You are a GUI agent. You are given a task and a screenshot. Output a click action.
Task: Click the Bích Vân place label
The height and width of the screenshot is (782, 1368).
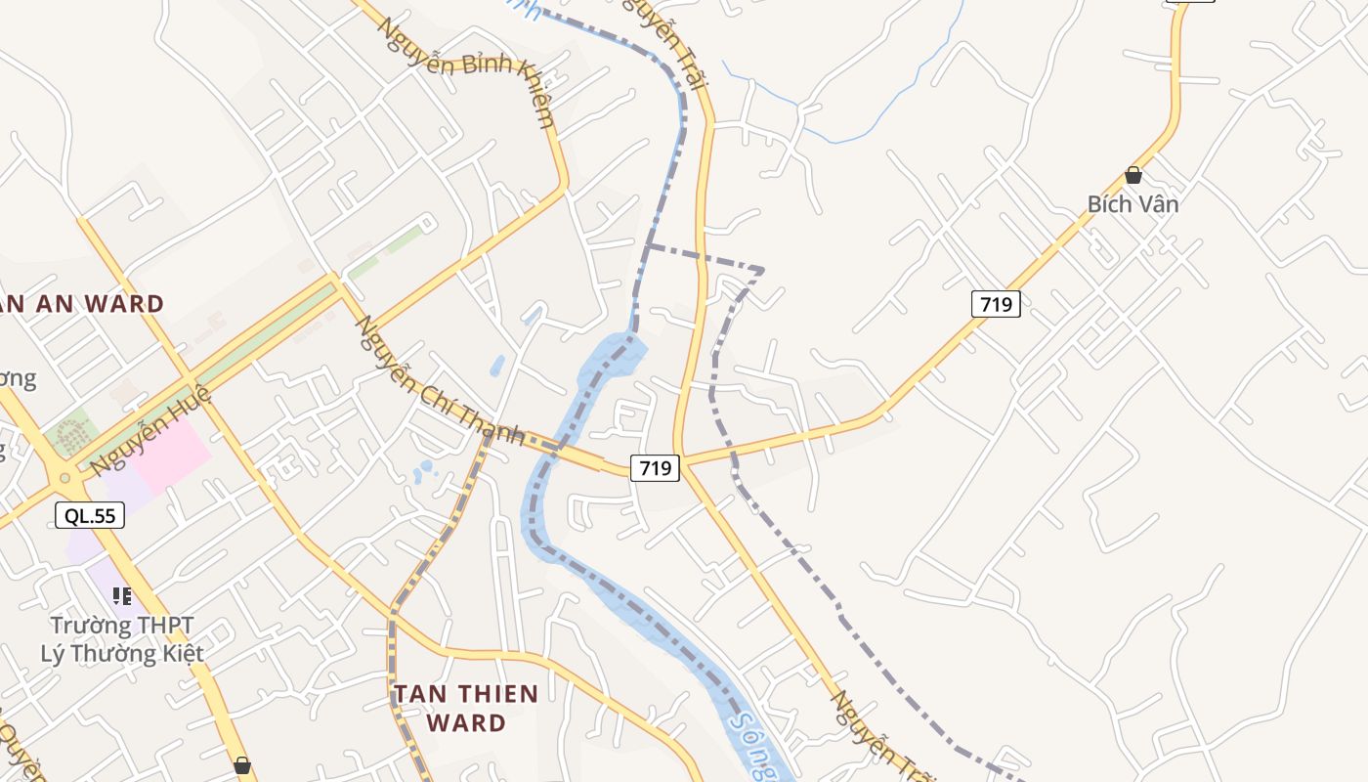[x=1133, y=204]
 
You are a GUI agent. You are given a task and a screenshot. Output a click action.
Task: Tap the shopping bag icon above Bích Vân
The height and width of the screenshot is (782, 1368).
[x=1133, y=175]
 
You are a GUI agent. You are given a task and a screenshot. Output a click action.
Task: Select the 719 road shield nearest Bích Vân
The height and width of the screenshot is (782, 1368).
[x=996, y=304]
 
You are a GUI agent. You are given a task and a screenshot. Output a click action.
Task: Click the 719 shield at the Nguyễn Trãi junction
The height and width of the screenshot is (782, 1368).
[x=654, y=468]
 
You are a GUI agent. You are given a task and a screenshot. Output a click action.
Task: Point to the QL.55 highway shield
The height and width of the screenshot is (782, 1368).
[x=90, y=515]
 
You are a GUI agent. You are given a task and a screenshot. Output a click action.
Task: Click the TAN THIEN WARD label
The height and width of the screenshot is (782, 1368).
[x=465, y=708]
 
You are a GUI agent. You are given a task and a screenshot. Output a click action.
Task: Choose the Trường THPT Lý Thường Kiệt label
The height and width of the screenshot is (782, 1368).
[x=122, y=639]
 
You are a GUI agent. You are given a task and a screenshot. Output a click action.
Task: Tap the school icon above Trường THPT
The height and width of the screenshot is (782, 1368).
[x=122, y=595]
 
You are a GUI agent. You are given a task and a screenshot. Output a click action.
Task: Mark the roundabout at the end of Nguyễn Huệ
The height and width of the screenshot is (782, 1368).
[x=65, y=479]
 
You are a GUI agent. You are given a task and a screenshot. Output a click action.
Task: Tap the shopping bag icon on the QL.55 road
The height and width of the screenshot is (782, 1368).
[x=242, y=765]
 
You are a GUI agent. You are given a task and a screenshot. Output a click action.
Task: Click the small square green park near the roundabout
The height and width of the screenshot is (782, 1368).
[x=69, y=433]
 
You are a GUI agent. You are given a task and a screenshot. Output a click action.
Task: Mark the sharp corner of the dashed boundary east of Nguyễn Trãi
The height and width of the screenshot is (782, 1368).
[x=761, y=269]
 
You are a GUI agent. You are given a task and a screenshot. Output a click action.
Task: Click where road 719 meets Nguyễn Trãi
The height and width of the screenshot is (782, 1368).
[x=682, y=462]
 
